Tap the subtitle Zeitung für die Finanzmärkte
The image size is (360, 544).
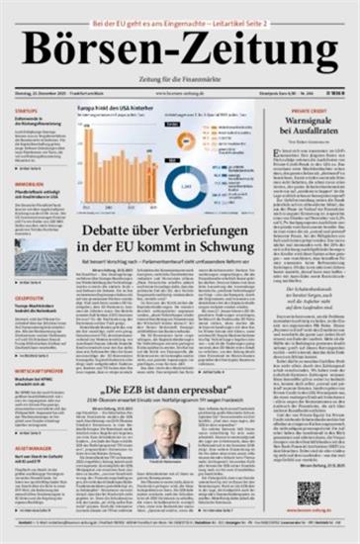click(x=180, y=80)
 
